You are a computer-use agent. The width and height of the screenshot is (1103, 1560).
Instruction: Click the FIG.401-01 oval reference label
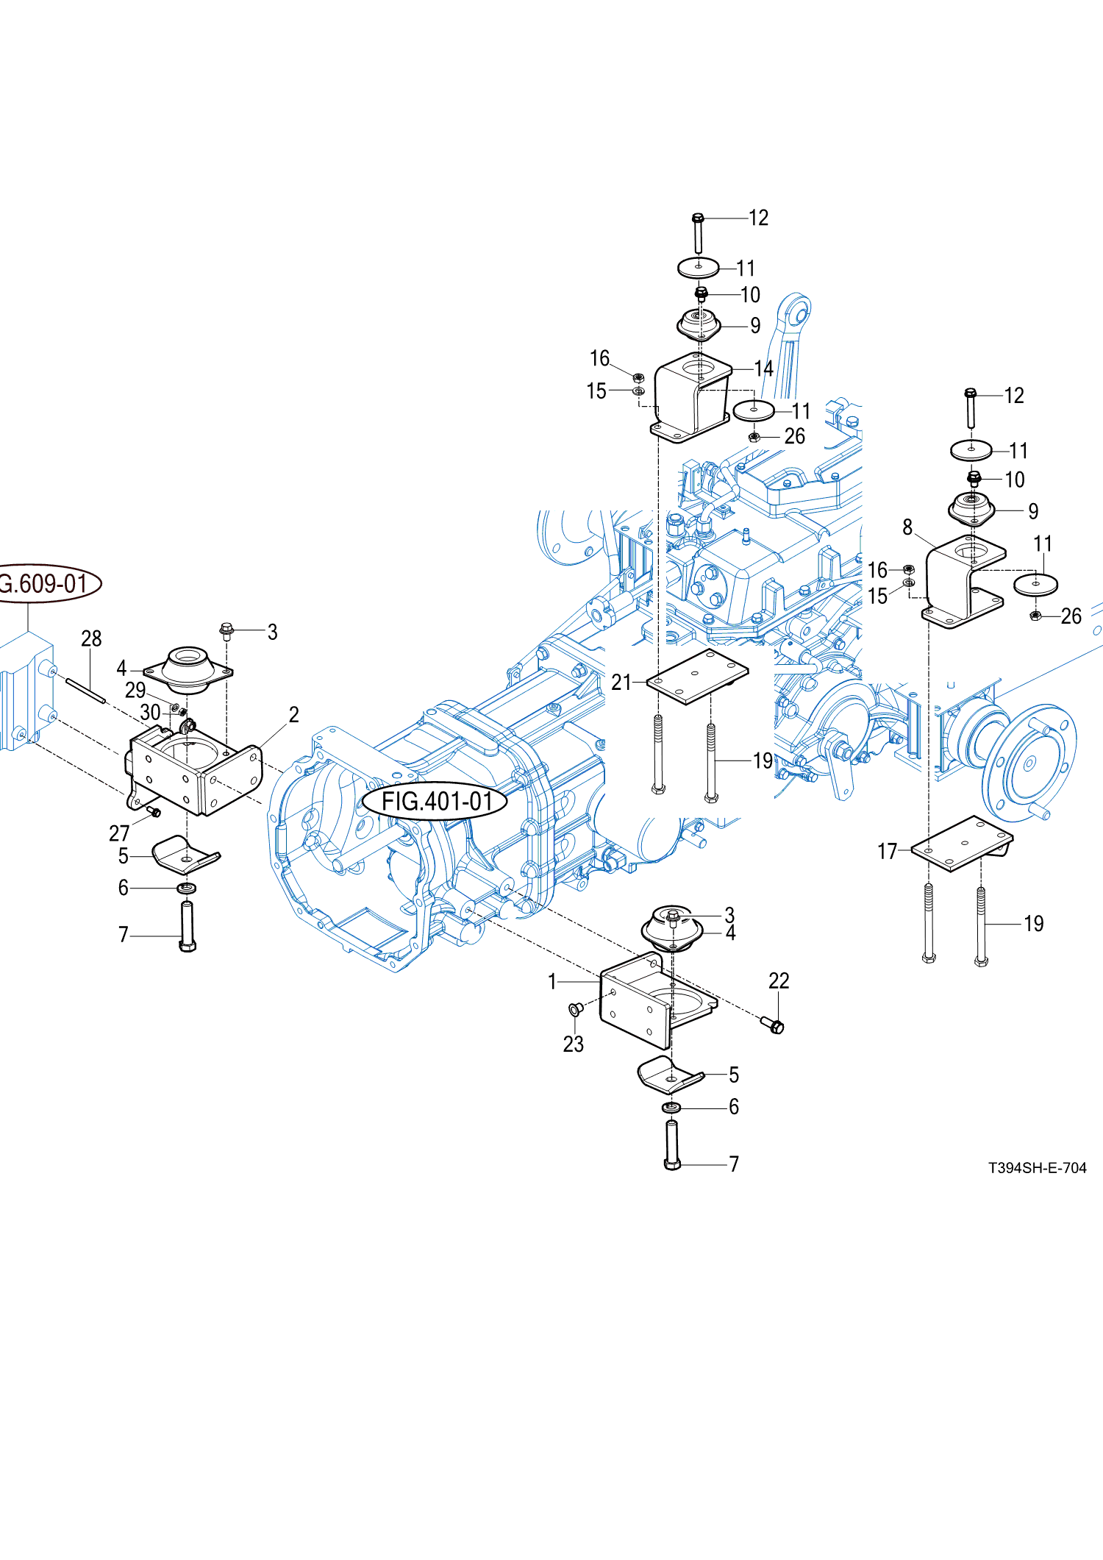[x=435, y=801]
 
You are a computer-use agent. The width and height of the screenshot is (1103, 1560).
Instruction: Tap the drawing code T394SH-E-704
[x=1037, y=1168]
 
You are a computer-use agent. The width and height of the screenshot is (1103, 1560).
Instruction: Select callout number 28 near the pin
[x=91, y=638]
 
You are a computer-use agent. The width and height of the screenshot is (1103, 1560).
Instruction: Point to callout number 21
[x=621, y=683]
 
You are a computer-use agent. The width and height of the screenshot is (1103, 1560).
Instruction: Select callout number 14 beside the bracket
[x=763, y=368]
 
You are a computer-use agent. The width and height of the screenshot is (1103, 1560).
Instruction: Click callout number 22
[x=779, y=980]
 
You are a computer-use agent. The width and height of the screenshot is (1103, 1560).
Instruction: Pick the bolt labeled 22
[x=774, y=1025]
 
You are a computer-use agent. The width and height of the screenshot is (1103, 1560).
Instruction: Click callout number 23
[x=574, y=1044]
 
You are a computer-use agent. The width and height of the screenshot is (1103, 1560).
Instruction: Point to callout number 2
[x=294, y=715]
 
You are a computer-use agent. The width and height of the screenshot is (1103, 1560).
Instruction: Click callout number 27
[x=119, y=833]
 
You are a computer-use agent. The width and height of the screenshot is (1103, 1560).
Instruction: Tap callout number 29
[x=135, y=691]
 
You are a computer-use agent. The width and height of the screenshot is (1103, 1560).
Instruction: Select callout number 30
[x=150, y=713]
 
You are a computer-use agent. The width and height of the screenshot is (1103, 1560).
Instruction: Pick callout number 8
[x=907, y=527]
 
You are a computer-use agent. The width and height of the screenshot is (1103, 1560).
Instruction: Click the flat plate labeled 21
[x=696, y=676]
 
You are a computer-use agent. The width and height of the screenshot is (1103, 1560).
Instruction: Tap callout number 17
[x=888, y=852]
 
